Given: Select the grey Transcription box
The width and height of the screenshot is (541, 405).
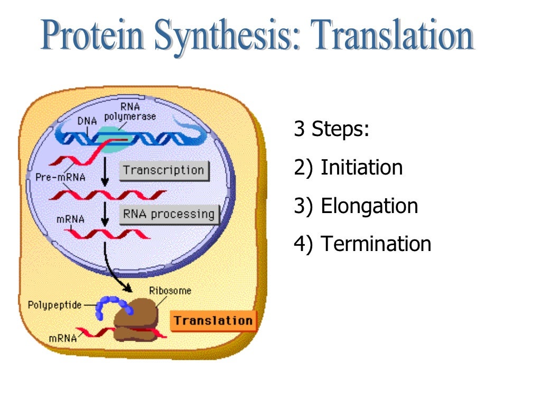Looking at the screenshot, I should pos(164,171).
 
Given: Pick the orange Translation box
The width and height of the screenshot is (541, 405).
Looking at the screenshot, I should pos(213,321).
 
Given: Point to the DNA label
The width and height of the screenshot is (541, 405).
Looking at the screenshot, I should pos(88,121).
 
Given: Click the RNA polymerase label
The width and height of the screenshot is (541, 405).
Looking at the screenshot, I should pos(130,112).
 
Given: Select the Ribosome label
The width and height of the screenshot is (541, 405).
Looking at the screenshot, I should pos(170,291).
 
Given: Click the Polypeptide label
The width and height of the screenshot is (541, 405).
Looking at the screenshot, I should pos(54,305).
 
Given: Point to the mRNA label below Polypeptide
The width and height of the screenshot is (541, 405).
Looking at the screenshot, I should pos(63,338).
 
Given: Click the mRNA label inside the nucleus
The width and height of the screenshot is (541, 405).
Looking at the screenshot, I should pos(69,218).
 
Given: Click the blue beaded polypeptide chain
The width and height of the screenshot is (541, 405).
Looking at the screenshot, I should pos(112,307).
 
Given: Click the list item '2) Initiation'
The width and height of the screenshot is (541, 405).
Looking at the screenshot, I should pos(348,168).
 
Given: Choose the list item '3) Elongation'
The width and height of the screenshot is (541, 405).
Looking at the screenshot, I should pos(356,206).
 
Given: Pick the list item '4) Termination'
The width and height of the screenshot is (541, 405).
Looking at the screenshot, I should pos(362,244).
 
